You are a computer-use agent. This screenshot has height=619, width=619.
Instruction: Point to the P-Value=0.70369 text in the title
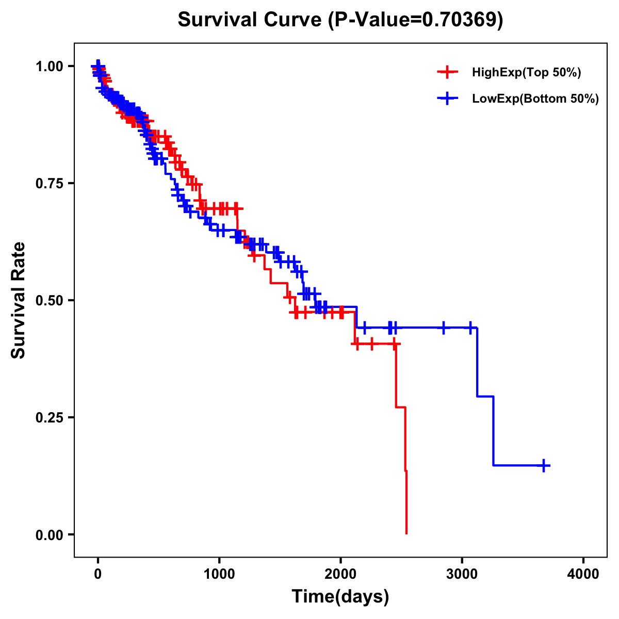tap(416, 20)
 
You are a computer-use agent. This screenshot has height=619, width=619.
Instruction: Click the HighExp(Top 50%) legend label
tap(526, 73)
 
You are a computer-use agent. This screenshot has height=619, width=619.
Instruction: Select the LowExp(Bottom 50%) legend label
tap(535, 99)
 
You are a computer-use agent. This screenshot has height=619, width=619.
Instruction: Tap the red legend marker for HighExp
tap(447, 72)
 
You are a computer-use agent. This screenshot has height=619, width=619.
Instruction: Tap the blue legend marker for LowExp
tap(447, 99)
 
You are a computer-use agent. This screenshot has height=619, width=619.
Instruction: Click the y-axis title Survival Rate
tap(19, 300)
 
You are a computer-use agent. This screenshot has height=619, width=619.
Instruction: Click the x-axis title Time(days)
tap(340, 597)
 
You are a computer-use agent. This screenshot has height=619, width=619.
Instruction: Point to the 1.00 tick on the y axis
tap(50, 67)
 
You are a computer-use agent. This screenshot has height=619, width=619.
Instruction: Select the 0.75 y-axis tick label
tap(50, 184)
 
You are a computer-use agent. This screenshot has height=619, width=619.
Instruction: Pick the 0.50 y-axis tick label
tap(50, 300)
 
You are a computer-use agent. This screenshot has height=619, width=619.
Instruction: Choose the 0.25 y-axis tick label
tap(50, 417)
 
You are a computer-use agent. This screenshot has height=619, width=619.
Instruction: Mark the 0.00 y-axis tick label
tap(50, 535)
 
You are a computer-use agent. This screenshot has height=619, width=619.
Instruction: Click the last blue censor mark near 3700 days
tap(544, 465)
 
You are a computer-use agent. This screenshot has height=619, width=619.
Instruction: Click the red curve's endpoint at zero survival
tap(406, 533)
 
